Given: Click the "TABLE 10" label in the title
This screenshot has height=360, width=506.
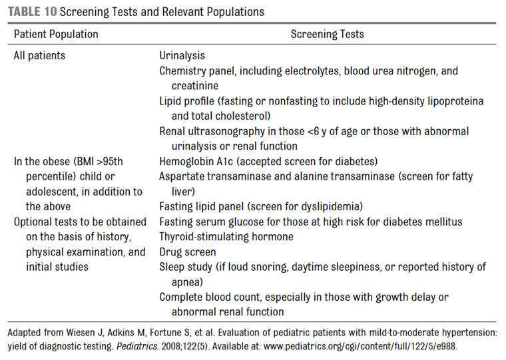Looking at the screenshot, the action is tap(32, 12).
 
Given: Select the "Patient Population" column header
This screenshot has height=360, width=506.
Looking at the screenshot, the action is tap(56, 34).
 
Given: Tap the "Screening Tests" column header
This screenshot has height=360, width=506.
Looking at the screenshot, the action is tap(327, 34).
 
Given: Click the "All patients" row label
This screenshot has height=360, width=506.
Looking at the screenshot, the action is tap(39, 56).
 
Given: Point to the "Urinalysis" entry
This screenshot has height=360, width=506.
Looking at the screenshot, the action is tap(182, 56).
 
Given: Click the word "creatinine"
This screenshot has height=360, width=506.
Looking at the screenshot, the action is tap(195, 86).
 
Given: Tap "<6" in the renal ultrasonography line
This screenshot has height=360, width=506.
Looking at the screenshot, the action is tap(313, 132).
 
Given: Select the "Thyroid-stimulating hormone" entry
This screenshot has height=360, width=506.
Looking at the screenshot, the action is tap(226, 237).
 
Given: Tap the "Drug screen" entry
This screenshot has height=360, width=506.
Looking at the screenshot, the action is tap(188, 252).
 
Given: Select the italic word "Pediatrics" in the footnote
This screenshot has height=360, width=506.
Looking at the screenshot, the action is tap(137, 347).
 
